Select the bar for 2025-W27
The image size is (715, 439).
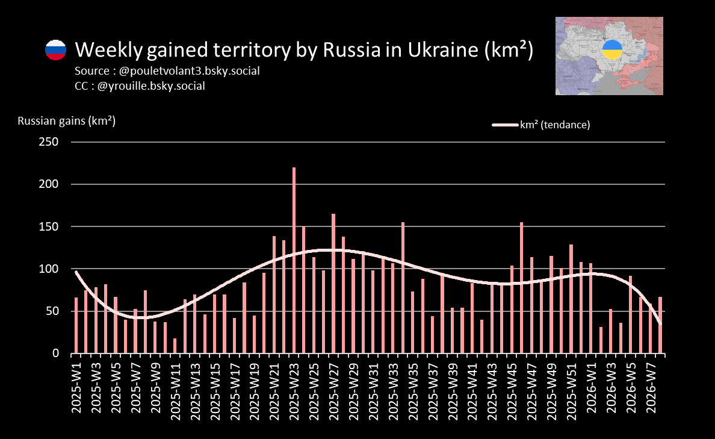click(333, 283)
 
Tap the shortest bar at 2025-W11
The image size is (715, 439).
click(175, 346)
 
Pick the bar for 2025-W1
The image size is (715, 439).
click(76, 325)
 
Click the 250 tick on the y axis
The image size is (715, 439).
click(48, 142)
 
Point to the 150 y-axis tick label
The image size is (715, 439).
click(48, 226)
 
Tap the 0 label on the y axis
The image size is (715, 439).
click(55, 353)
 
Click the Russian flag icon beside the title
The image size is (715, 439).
click(55, 49)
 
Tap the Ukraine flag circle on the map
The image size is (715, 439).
click(613, 49)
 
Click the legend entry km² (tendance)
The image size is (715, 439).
click(554, 125)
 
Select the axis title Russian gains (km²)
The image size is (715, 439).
click(66, 121)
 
